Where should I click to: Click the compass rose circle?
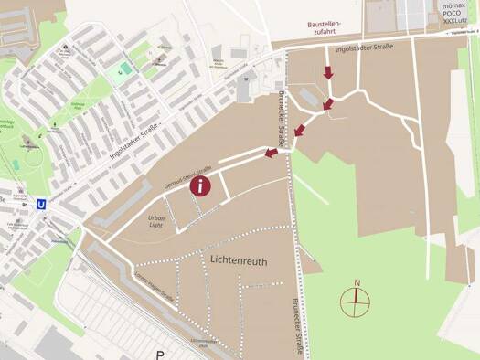coord(357,301)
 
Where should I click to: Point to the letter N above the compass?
coord(357,282)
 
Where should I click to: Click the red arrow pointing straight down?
coord(328,73)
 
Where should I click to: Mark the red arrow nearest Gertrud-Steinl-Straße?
coord(272,153)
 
